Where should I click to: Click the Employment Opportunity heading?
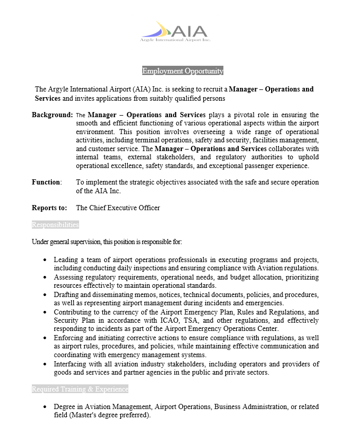182,71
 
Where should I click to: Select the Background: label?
52,115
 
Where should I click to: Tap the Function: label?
47,182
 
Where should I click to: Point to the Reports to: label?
49,208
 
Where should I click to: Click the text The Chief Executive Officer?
118,208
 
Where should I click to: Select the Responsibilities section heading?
55,225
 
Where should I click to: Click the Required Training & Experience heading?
80,389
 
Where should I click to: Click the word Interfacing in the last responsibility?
71,364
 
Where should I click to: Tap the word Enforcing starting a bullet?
69,338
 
